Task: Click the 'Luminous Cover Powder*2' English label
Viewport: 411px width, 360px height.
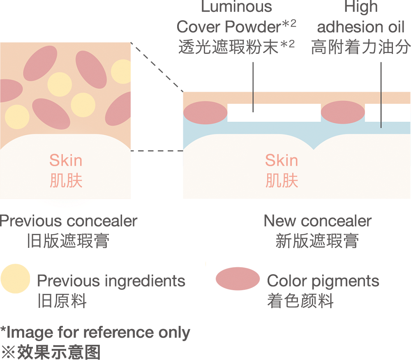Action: click(x=236, y=17)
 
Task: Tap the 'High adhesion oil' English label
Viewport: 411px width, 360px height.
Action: click(x=361, y=17)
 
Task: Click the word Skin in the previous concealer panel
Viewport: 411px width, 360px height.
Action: click(x=66, y=160)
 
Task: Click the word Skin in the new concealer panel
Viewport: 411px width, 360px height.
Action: click(x=282, y=160)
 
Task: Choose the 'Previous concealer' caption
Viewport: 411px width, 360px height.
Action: click(x=69, y=221)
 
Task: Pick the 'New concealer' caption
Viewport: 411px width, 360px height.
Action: click(x=317, y=221)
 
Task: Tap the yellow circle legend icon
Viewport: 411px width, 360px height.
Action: click(x=15, y=279)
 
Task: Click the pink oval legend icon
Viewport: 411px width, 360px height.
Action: click(x=238, y=279)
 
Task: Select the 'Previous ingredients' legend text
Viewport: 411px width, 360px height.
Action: click(x=111, y=281)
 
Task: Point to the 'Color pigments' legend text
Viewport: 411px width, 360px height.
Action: click(x=323, y=281)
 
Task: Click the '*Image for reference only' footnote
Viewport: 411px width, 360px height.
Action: click(x=95, y=332)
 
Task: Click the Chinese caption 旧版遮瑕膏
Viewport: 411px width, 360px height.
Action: click(x=68, y=241)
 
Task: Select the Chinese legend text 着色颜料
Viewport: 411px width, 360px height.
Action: click(x=300, y=301)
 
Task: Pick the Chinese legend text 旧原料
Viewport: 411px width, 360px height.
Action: click(x=62, y=301)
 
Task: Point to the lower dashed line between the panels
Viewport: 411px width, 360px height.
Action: click(x=157, y=151)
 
